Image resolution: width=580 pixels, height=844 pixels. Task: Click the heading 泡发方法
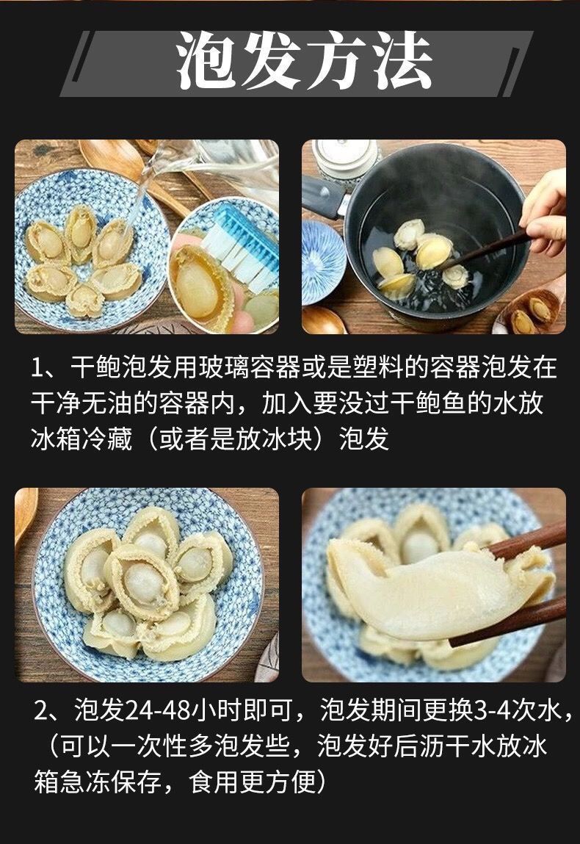pyautogui.click(x=304, y=60)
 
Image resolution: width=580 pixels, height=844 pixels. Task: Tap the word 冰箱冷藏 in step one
pyautogui.click(x=81, y=439)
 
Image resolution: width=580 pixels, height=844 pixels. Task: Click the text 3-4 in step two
pyautogui.click(x=493, y=710)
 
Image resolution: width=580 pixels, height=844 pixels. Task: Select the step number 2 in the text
pyautogui.click(x=41, y=710)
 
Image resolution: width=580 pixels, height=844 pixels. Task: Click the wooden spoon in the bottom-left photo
pyautogui.click(x=24, y=516)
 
